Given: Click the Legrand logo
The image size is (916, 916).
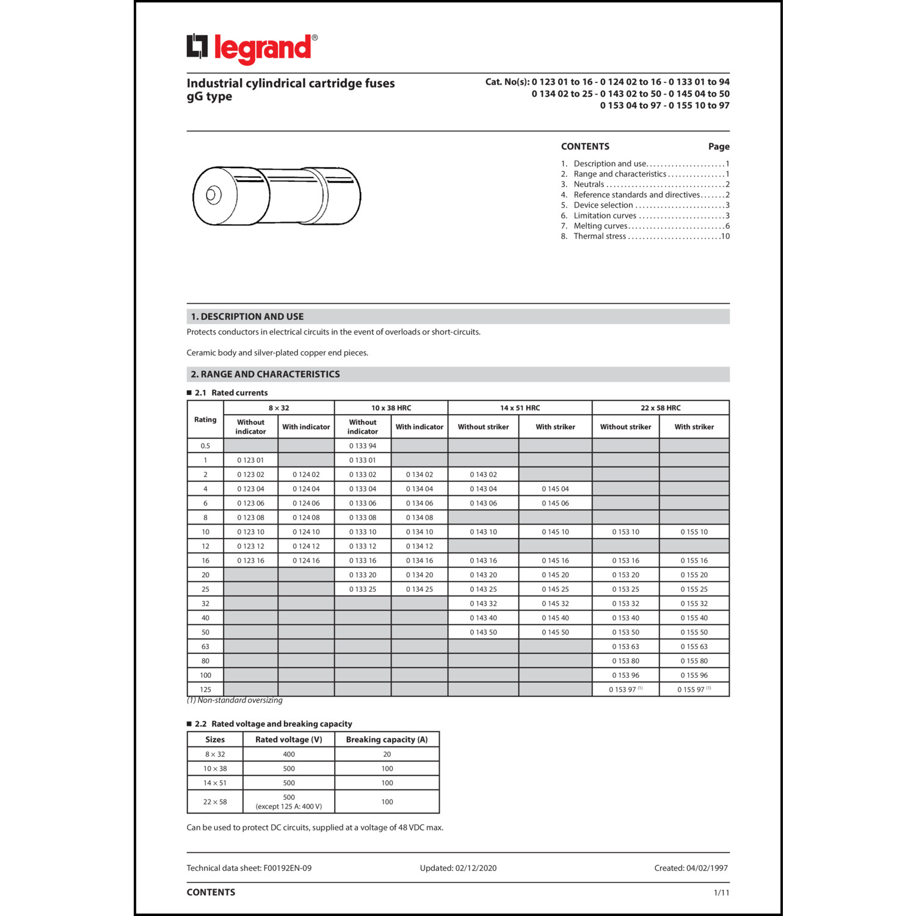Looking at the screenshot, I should tap(252, 48).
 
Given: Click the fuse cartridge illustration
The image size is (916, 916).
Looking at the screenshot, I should tap(277, 196).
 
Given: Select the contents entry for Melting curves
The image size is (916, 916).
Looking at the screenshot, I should tap(601, 226).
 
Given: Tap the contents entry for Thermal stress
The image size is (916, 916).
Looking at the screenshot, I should tap(600, 236).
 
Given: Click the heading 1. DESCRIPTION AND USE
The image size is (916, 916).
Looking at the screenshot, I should tap(247, 316).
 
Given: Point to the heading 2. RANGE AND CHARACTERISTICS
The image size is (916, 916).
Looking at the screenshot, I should tap(265, 374).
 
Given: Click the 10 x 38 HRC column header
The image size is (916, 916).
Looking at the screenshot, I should tap(391, 408).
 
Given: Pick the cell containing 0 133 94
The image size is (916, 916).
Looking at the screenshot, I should tap(363, 446).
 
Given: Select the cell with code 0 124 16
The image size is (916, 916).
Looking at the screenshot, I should tap(306, 561).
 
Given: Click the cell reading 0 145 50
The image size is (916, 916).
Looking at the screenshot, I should tap(555, 633).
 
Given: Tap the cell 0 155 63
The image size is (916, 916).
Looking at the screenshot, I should tap(694, 647).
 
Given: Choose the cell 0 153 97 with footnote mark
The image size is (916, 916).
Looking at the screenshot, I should tap(625, 689).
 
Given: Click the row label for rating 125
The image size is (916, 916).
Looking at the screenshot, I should tap(205, 689).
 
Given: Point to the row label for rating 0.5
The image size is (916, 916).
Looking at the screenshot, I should tap(205, 446).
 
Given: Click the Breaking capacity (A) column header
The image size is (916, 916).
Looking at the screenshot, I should tap(387, 740).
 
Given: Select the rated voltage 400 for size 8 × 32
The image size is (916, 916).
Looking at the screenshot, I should tap(289, 754).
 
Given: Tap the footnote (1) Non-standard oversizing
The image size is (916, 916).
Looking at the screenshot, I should tap(234, 700).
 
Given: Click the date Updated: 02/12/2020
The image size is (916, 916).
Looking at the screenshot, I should tap(458, 868).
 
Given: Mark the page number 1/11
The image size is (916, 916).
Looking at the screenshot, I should tap(721, 893).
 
